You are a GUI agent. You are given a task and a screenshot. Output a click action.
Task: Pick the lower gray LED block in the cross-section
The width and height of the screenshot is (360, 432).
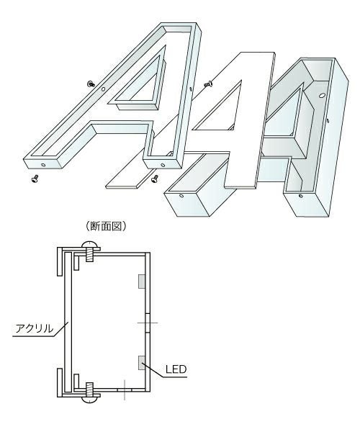coord(143,360)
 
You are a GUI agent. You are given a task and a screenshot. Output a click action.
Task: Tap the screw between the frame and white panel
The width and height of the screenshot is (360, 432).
coord(208,85)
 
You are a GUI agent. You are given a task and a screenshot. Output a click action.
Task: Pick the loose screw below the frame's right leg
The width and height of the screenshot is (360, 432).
coord(155,180)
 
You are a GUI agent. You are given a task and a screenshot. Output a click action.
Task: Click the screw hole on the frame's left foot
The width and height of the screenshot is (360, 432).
coord(44,164)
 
